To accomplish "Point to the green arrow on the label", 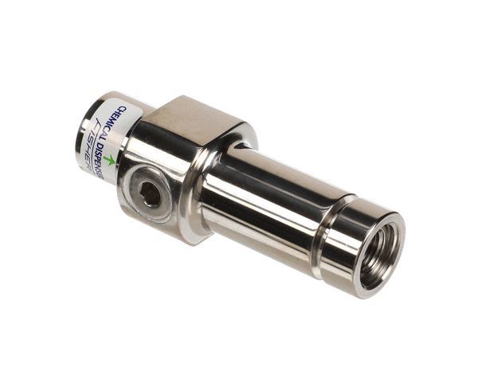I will point(109,160).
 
